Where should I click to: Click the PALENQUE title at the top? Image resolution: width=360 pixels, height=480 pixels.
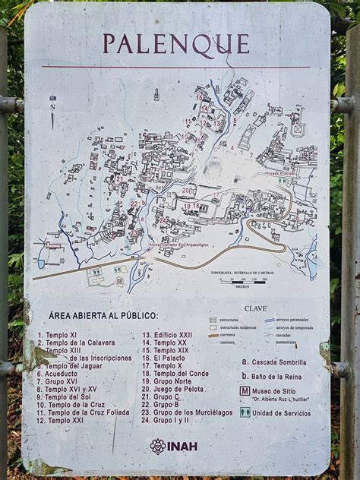point(176,44)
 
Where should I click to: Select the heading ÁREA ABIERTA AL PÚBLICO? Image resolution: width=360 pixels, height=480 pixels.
point(103,315)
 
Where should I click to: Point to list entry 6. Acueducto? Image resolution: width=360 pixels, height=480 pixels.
point(61,373)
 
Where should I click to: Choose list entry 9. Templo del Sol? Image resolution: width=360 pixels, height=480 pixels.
point(68,396)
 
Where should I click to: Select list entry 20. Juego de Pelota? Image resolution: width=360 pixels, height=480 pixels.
point(180,388)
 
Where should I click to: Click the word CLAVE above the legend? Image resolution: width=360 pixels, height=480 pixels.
point(257,309)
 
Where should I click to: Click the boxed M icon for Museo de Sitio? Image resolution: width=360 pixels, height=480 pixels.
point(245,391)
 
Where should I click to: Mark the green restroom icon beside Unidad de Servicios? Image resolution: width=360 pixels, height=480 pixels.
point(245,412)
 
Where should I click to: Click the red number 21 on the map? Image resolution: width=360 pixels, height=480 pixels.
point(120,178)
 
